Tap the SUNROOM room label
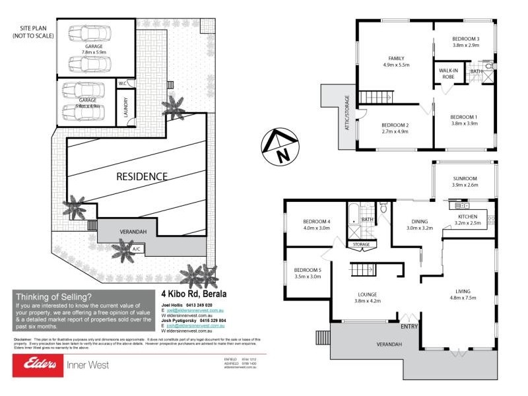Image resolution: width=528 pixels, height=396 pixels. click(x=464, y=178)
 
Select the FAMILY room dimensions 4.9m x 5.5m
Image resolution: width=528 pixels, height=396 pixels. click(x=396, y=66)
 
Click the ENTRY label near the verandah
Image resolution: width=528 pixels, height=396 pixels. click(x=409, y=326)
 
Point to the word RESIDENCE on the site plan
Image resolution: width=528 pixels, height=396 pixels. click(x=142, y=176)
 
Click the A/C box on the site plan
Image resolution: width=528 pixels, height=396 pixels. click(x=137, y=249)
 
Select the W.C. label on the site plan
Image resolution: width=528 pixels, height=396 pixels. click(x=123, y=83)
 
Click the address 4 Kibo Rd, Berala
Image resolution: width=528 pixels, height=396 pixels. click(x=193, y=294)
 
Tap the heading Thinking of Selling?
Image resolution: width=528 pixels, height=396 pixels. click(x=54, y=296)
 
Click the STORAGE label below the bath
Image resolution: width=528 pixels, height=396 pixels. click(x=361, y=245)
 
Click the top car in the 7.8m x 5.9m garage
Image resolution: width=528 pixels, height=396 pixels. click(x=84, y=33)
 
